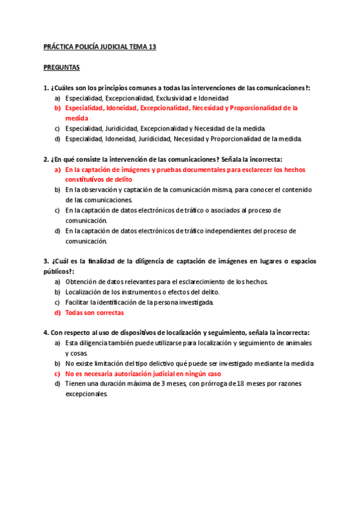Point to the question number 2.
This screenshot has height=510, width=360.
pos(46,159)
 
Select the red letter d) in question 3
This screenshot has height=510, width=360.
pos(58,313)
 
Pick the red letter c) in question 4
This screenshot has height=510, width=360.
pos(58,373)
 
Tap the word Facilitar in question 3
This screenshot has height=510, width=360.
pos(79,302)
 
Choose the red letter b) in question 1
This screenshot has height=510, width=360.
pos(58,108)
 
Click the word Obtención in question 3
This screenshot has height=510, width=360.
pos(82,281)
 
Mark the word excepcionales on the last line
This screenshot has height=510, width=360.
pos(87,395)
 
